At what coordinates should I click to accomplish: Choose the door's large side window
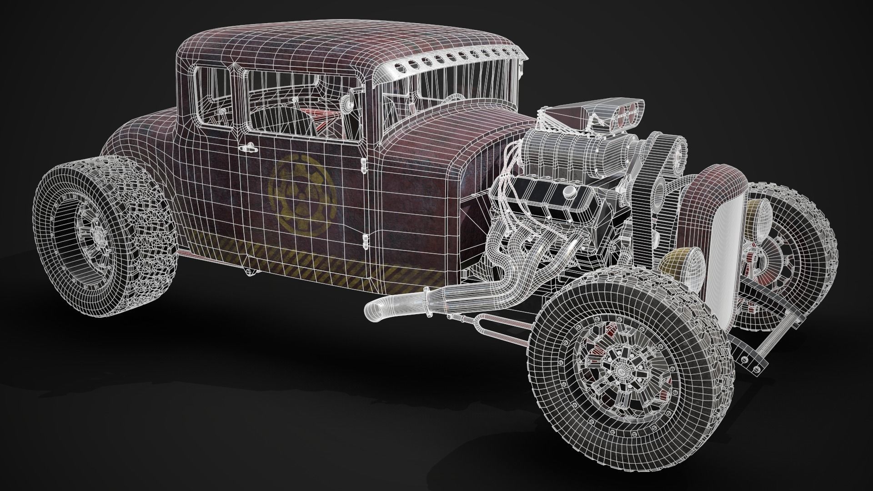[x=300, y=107]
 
